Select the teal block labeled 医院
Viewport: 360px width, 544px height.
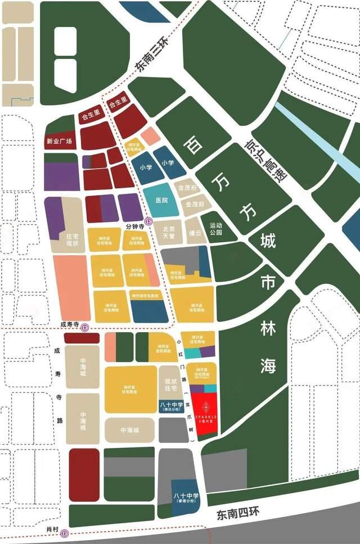[x=161, y=200]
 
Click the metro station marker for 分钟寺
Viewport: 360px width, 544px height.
[x=148, y=221]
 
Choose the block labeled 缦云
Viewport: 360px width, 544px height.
[x=195, y=232]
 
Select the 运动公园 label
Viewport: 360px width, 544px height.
[x=215, y=228]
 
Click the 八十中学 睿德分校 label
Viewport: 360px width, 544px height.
[x=184, y=496]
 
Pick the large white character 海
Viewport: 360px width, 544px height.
[x=268, y=365]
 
